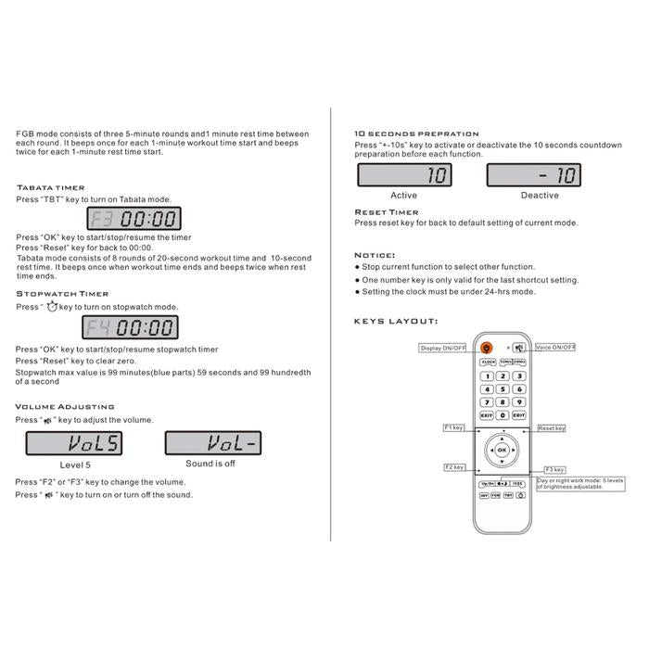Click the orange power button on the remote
click(487, 348)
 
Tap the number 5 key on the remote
click(502, 389)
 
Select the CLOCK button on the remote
click(487, 363)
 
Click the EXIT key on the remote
click(486, 416)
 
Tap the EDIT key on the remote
click(518, 416)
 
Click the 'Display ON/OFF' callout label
click(444, 348)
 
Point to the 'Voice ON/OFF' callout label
click(555, 347)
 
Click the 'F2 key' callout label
click(454, 467)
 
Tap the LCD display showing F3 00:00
click(134, 220)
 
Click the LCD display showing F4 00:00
click(131, 327)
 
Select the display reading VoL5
click(74, 444)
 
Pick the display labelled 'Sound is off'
click(212, 444)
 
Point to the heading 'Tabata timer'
click(50, 188)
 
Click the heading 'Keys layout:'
click(396, 322)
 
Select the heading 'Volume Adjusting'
click(65, 406)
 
